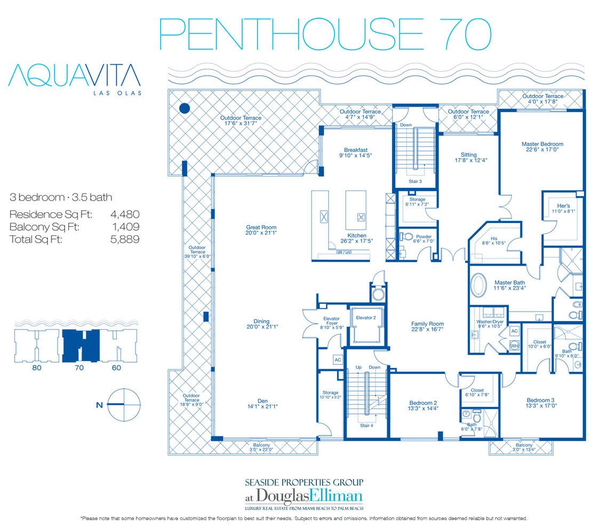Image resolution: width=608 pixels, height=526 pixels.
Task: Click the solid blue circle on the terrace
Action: [x=185, y=108]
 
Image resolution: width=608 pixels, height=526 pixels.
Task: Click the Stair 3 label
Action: [x=416, y=181]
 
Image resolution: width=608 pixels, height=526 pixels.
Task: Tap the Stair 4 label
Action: [x=366, y=425]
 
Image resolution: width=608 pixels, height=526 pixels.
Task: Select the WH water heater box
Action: [x=514, y=346]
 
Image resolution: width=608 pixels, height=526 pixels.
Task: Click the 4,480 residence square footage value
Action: [x=125, y=214]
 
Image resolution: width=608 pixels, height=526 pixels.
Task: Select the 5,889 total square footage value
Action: [x=125, y=240]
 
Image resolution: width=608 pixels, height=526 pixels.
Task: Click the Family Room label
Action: [x=427, y=326]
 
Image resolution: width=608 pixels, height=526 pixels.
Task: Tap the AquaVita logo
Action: [x=75, y=77]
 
